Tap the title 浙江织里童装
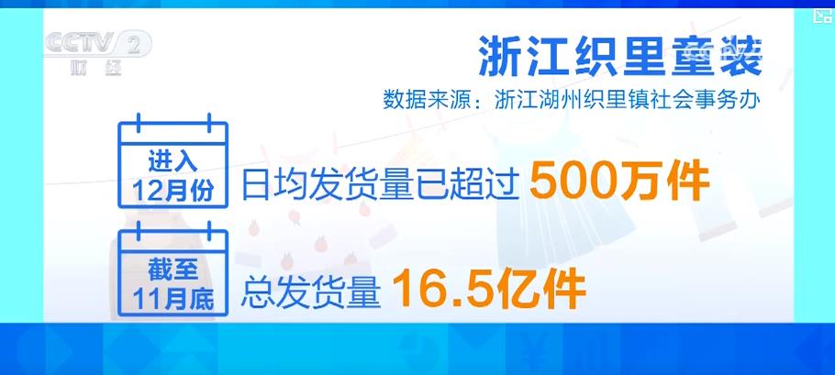621,58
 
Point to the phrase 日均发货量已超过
381,182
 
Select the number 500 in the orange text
566,181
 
